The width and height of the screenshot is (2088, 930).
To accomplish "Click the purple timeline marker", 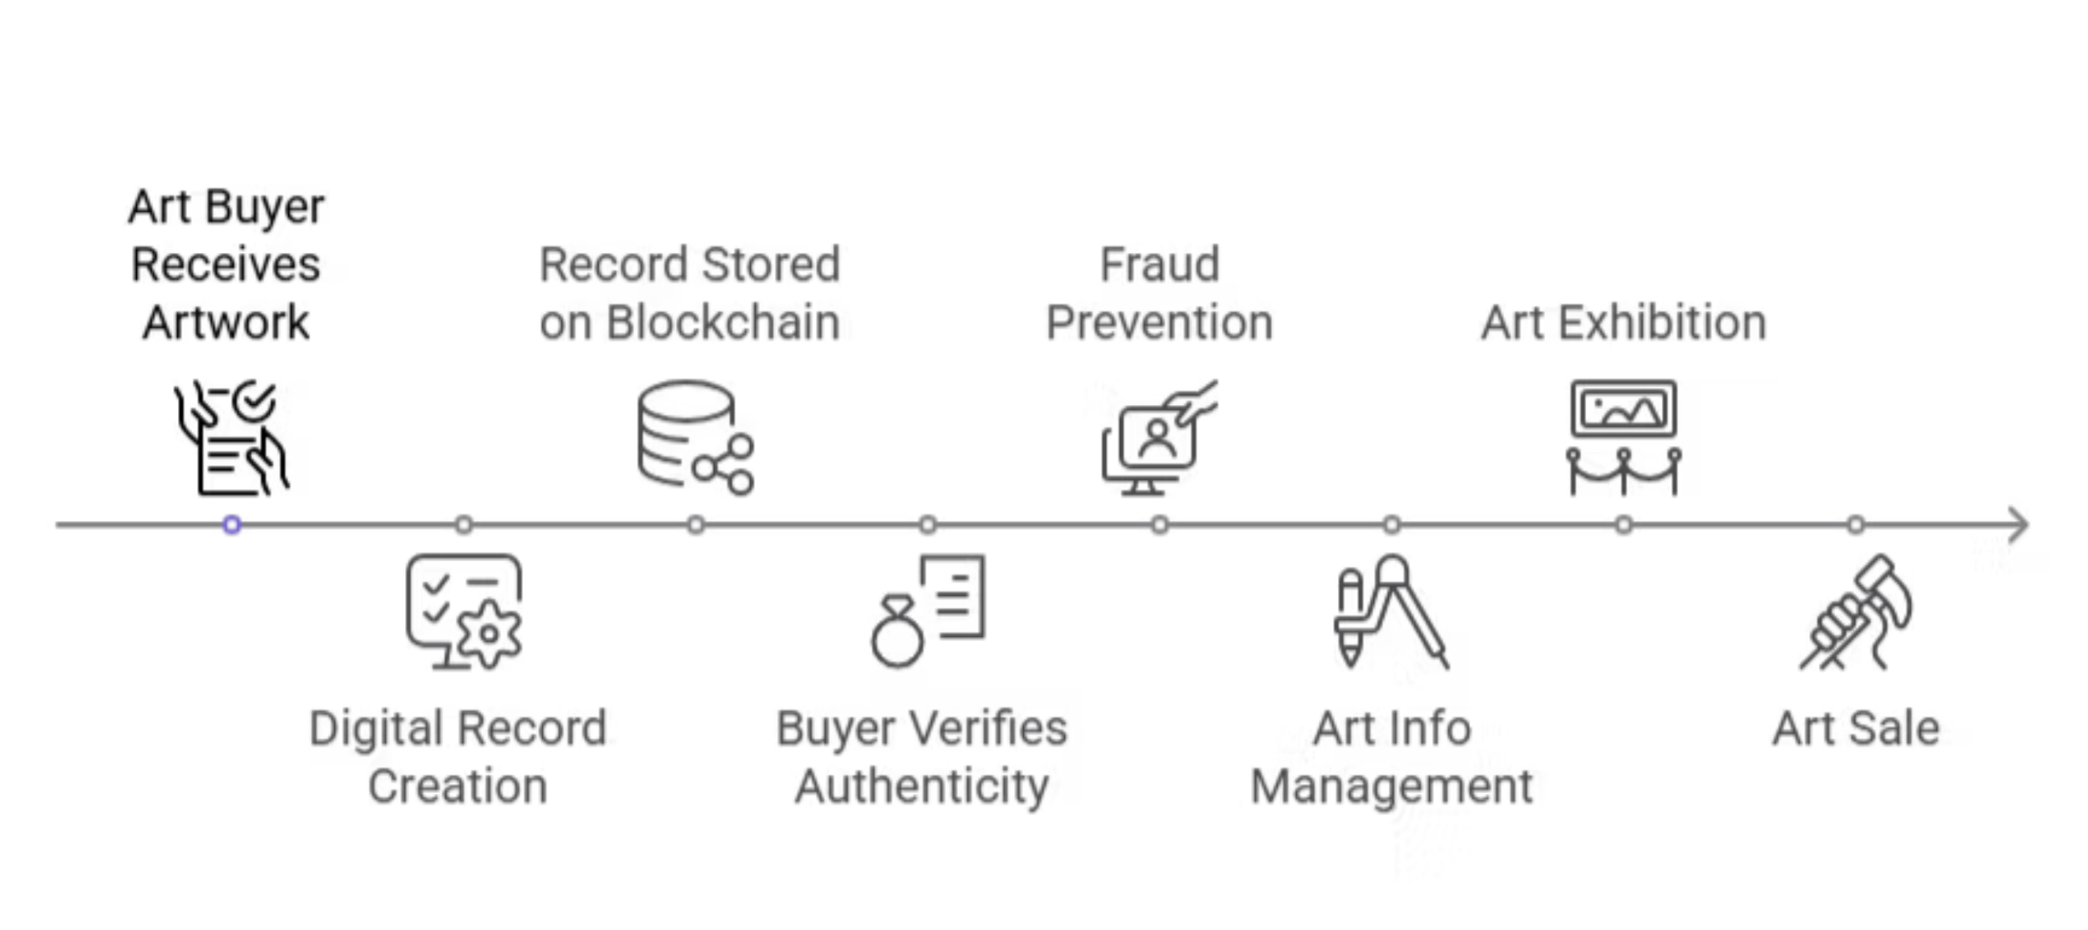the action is [x=232, y=524].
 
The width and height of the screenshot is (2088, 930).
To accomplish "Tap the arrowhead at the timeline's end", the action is [x=2020, y=525].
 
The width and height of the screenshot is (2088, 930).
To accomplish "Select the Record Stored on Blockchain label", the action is [x=689, y=293].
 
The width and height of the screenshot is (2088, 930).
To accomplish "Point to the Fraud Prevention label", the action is [x=1159, y=293].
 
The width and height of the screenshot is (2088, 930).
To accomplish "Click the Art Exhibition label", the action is [x=1623, y=322].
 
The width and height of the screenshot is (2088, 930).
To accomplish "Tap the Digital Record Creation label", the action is [x=458, y=756].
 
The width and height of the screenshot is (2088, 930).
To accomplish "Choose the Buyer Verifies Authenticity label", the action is [x=921, y=756].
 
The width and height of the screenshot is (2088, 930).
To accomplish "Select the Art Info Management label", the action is [x=1391, y=756].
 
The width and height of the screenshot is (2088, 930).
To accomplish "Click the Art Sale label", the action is [x=1856, y=728].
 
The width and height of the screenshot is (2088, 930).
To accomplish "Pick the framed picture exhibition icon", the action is [x=1624, y=437].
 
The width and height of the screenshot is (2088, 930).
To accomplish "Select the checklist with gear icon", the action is [x=464, y=612].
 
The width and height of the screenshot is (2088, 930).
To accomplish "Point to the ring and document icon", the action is [x=927, y=612].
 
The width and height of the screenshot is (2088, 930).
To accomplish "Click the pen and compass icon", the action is [x=1391, y=612].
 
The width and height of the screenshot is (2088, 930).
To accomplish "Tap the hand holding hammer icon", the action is [x=1856, y=612].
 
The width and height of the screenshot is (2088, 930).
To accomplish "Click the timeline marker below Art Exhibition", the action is [x=1624, y=524].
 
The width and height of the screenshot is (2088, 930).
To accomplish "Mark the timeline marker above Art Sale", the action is [x=1856, y=524].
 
